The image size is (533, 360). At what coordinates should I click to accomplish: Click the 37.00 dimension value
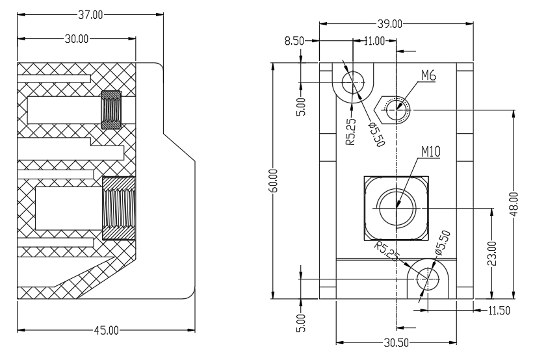[90, 15]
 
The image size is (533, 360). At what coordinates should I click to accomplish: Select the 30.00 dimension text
[77, 39]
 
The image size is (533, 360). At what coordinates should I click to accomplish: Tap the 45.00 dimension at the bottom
[106, 330]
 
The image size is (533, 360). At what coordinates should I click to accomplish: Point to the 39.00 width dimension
[390, 24]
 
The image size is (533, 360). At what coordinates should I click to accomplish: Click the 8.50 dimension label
[294, 41]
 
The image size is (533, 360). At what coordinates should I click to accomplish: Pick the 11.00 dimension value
[374, 41]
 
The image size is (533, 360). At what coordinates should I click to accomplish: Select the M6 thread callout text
[428, 75]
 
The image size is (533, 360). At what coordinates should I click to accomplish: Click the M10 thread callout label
[431, 151]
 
